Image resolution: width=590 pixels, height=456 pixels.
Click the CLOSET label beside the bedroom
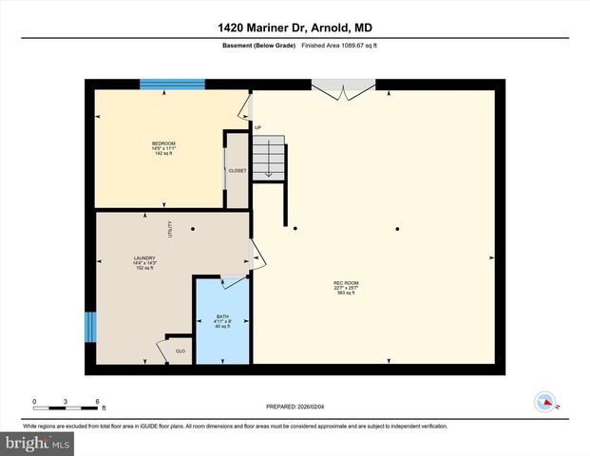click(237, 171)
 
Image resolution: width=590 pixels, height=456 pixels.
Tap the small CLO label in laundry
click(180, 351)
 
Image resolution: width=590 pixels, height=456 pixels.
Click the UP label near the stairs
click(257, 127)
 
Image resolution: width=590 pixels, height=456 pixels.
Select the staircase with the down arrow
click(269, 155)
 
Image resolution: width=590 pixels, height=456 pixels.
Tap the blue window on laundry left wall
click(90, 327)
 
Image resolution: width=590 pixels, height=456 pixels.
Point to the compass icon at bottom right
click(545, 400)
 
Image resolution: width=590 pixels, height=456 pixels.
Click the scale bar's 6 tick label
click(97, 401)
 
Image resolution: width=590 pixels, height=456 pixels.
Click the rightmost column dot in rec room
click(397, 229)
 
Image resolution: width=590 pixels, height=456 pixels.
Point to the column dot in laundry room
click(193, 229)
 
